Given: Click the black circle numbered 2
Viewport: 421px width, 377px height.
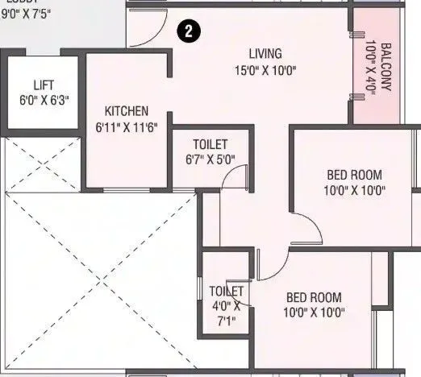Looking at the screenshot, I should click(x=187, y=32).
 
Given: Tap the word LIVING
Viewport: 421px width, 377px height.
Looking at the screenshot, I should click(x=265, y=54).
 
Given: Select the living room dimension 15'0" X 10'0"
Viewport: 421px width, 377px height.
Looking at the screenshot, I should click(x=265, y=69).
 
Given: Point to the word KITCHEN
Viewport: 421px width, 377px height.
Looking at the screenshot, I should click(x=126, y=111).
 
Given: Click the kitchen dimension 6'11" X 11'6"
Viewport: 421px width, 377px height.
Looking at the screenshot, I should click(x=126, y=126).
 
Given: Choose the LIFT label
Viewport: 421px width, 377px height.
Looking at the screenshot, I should click(x=44, y=84).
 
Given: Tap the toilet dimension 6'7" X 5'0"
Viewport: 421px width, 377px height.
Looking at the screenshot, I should click(x=210, y=159).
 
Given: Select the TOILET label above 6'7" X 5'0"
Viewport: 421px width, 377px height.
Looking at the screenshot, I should click(x=210, y=144).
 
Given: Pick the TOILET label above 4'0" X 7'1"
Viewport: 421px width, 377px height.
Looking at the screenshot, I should click(x=226, y=291).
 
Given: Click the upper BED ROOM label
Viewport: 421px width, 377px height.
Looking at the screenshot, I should click(x=354, y=175).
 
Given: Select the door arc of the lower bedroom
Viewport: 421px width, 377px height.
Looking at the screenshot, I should click(x=274, y=262).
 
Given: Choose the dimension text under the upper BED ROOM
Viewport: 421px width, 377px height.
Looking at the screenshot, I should click(x=354, y=191).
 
